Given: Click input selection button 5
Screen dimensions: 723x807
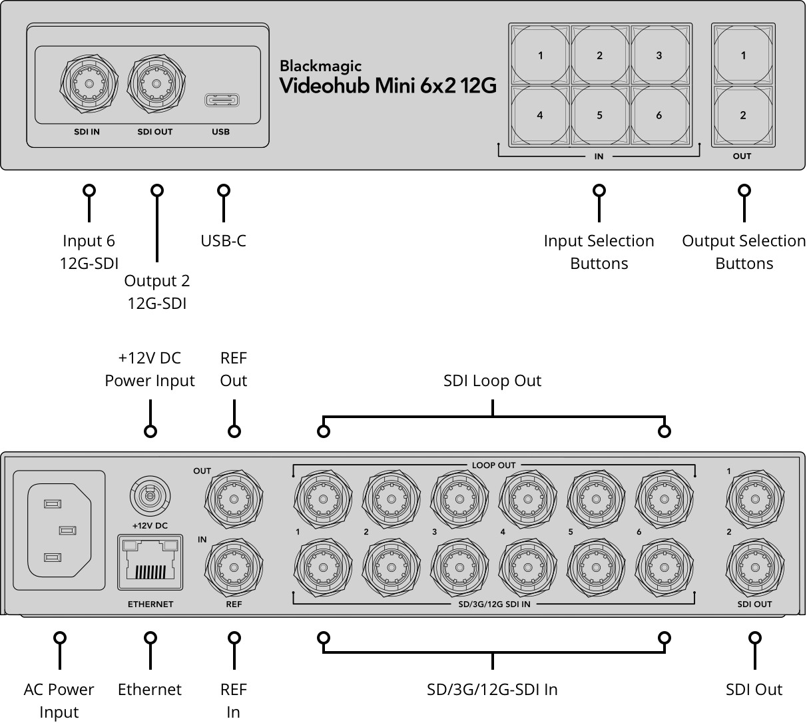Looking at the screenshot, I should point(599,115).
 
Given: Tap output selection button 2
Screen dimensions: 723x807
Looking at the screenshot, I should point(743,115).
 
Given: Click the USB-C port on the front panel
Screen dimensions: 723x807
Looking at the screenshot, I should point(221,101).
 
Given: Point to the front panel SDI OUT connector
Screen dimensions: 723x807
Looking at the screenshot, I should point(156,85).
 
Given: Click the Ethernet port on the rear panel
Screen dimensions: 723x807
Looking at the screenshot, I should point(150,562).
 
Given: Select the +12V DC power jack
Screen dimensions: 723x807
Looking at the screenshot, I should point(150,495).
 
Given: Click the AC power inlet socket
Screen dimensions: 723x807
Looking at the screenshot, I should point(59,530).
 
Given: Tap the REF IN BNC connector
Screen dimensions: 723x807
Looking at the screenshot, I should point(234,567).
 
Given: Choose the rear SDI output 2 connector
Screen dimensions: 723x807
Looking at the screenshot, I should point(755,567).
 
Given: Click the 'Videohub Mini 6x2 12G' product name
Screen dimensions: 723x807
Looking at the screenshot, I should point(388,86).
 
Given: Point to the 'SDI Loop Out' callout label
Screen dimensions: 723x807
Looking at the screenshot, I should point(492,381).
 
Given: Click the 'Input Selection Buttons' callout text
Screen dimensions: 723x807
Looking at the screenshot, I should point(599,252).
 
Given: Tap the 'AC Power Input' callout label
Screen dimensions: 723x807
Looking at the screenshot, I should point(59,700).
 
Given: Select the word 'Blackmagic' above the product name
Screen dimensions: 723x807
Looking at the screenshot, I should point(320,66).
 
